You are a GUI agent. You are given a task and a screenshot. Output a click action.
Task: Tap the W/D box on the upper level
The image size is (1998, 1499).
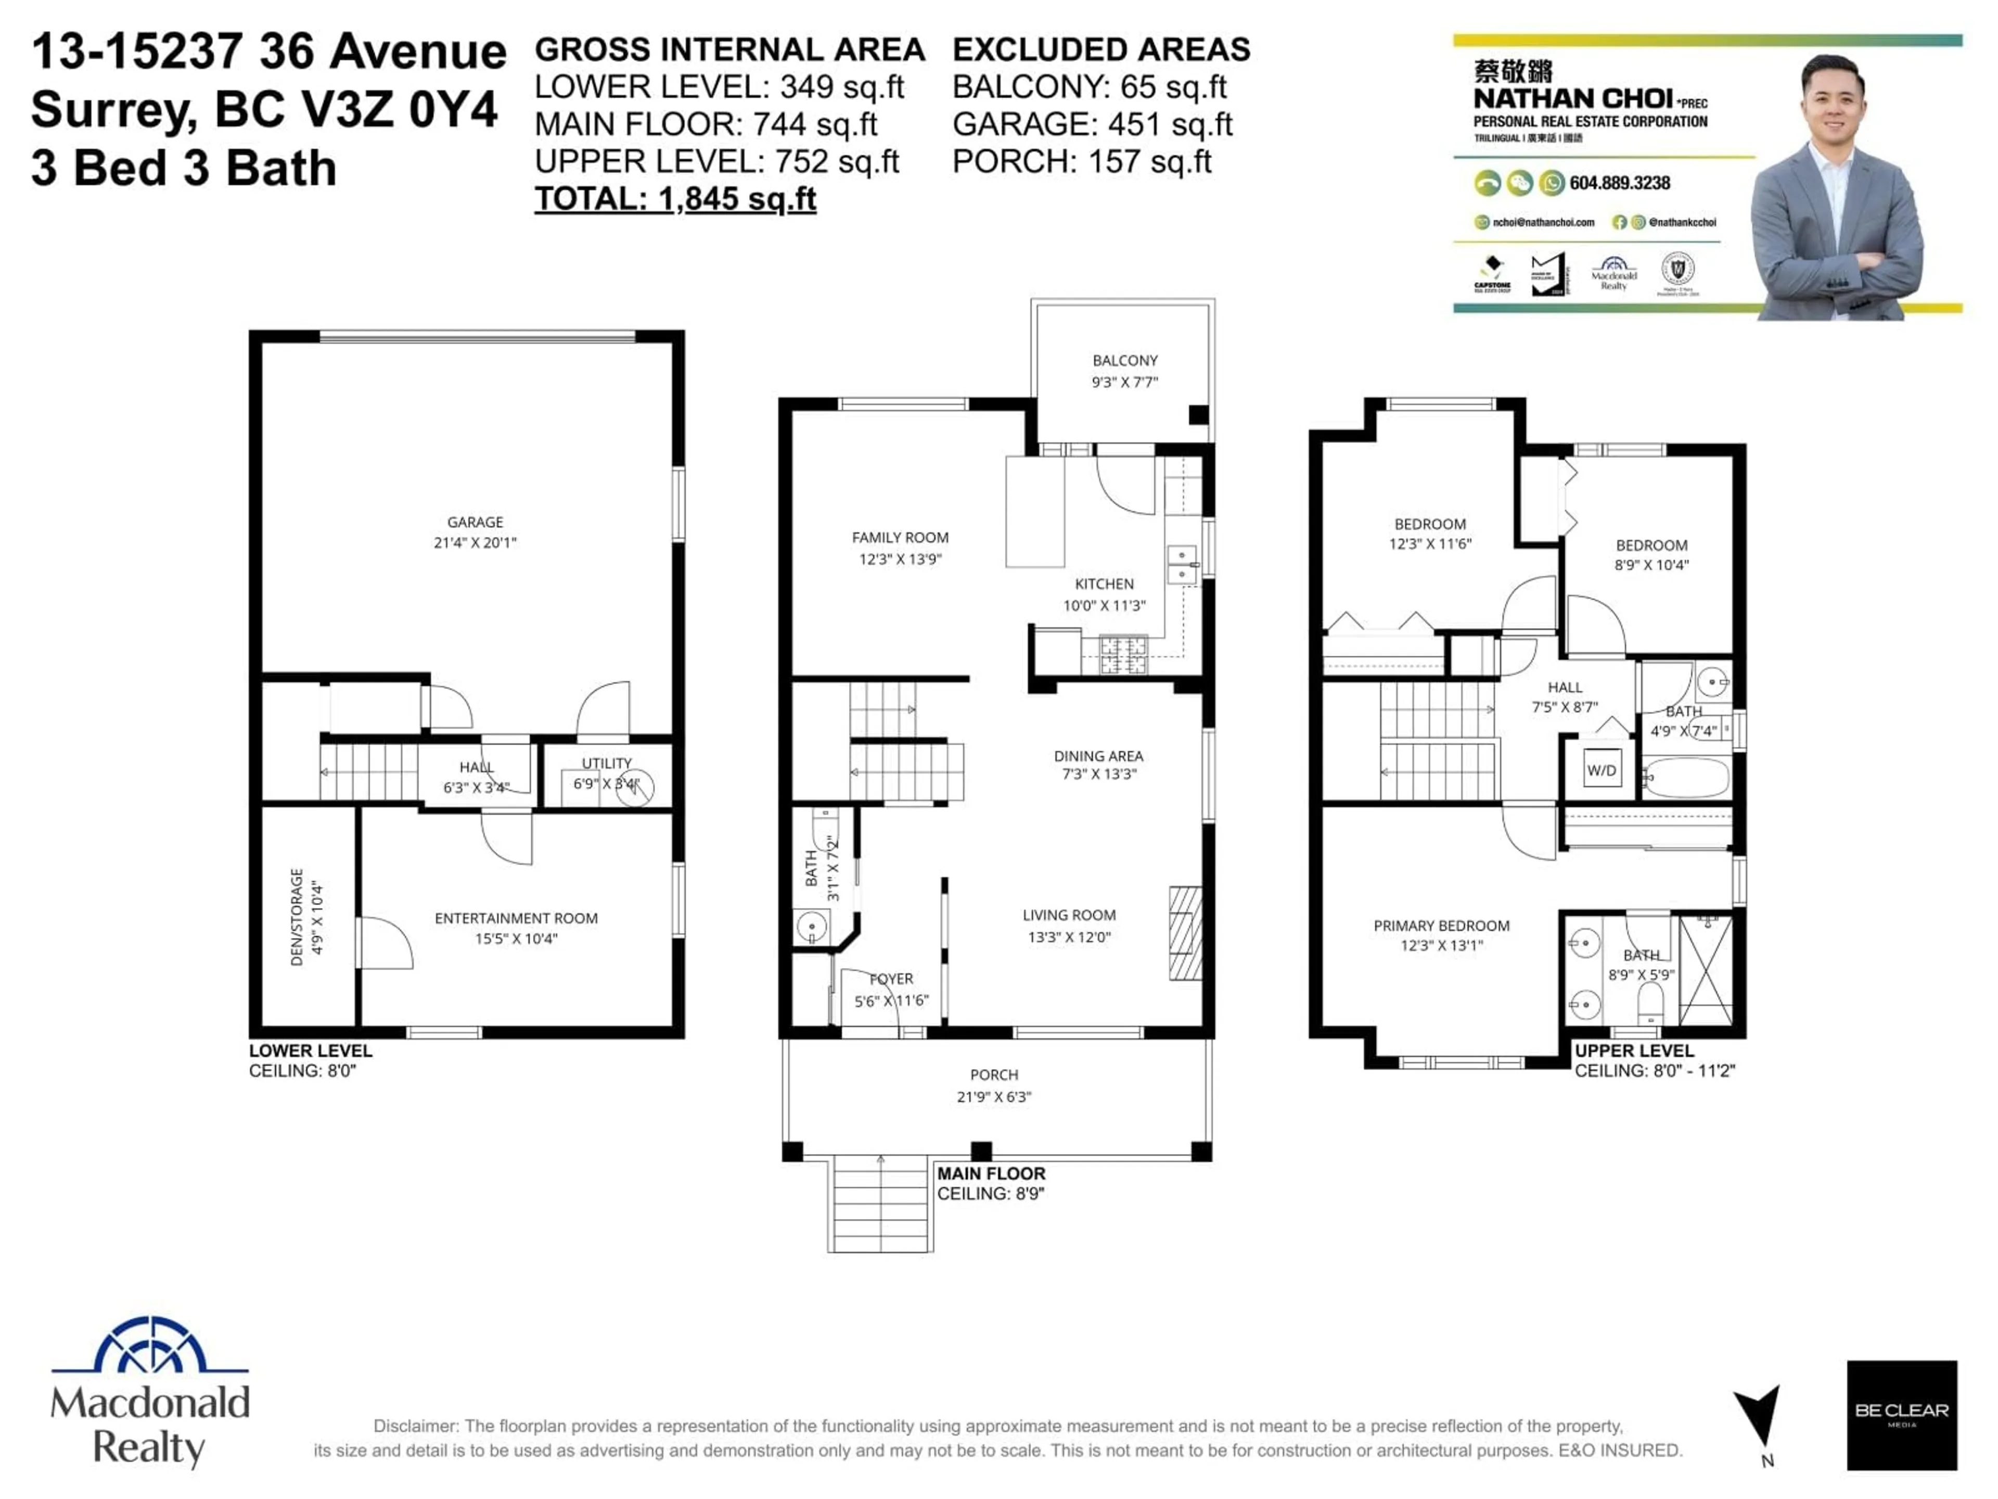click(x=1602, y=770)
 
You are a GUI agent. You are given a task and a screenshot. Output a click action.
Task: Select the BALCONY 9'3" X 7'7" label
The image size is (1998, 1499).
click(x=1124, y=371)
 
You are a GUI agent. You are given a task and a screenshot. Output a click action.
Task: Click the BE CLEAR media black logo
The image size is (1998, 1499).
click(x=1901, y=1414)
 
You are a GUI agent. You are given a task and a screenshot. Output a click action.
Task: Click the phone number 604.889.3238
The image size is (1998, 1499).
click(x=1620, y=183)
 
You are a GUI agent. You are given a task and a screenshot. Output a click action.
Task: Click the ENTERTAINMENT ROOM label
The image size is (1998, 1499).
click(x=516, y=927)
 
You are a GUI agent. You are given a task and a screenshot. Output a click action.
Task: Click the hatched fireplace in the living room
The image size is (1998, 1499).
click(x=1185, y=933)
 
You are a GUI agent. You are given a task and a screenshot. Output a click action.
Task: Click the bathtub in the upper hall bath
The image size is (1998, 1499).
click(x=1685, y=777)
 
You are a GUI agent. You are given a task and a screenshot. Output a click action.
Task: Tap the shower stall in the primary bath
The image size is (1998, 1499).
click(x=1706, y=970)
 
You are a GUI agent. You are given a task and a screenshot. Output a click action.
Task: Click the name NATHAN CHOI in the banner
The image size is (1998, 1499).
click(x=1572, y=98)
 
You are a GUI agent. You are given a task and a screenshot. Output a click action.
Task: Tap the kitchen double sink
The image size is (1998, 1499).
click(x=1182, y=564)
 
